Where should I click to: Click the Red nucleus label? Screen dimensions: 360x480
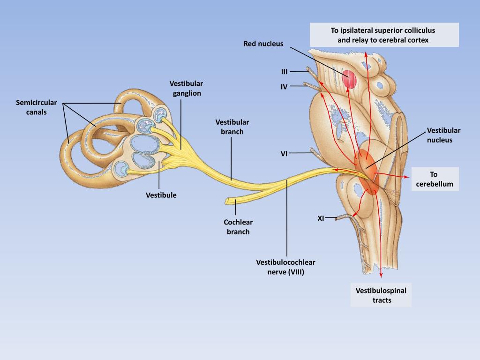click(263, 44)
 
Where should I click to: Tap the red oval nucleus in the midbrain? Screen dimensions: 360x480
click(349, 80)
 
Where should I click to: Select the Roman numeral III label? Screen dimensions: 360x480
click(284, 72)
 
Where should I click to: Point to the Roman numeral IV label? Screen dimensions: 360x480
click(284, 87)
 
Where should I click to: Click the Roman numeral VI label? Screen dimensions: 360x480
click(284, 153)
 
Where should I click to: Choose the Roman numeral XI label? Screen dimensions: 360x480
click(321, 218)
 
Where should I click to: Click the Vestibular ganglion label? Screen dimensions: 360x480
click(187, 88)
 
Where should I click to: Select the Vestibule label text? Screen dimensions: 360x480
click(161, 195)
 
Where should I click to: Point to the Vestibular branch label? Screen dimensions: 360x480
click(232, 127)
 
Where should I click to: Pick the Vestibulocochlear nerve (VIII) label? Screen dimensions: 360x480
click(285, 267)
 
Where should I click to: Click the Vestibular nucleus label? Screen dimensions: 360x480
click(443, 135)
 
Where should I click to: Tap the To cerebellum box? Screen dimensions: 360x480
click(435, 179)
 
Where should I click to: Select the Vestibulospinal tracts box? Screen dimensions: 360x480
click(381, 295)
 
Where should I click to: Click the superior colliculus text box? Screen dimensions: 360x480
click(383, 35)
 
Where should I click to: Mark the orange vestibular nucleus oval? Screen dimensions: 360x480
click(367, 172)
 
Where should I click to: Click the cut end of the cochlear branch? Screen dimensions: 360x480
click(228, 201)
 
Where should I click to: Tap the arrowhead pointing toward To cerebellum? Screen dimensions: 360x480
click(405, 177)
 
